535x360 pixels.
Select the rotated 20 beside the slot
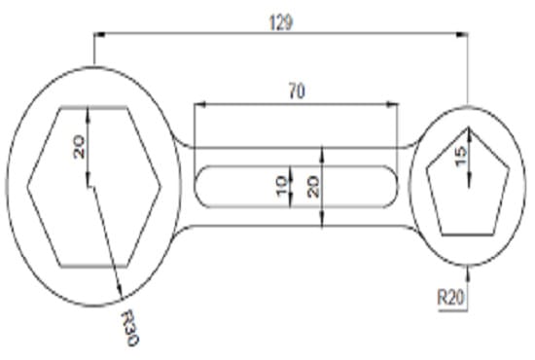pos(313,185)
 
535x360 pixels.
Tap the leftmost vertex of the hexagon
pos(26,185)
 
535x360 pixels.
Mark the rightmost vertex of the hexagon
pos(160,185)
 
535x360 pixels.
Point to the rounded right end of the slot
pos(396,185)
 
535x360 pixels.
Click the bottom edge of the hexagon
pos(93,265)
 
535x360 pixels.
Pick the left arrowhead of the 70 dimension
pos(197,103)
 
